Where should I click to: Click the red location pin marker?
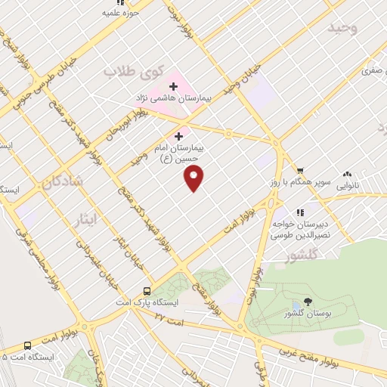pos(194,178)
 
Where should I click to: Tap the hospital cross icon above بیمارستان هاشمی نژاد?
pos(173,86)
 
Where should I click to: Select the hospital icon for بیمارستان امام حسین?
pos(178,136)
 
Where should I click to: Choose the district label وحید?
pos(342,27)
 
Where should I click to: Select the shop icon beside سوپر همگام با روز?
pos(300,170)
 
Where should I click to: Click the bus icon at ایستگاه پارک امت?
pos(147,290)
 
